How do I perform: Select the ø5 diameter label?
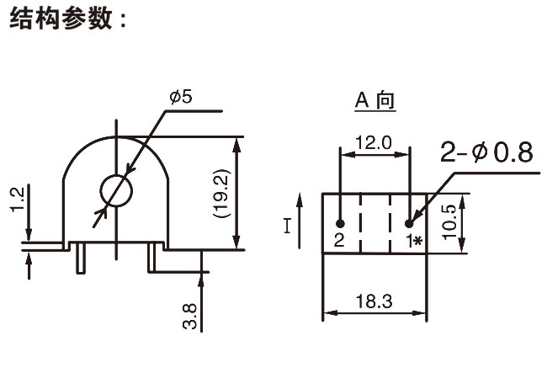[x=180, y=97]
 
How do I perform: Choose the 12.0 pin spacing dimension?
[x=374, y=142]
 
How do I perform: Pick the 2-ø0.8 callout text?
[x=486, y=152]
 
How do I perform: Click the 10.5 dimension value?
[x=449, y=221]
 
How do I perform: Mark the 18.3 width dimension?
[x=374, y=299]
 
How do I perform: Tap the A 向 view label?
[x=374, y=101]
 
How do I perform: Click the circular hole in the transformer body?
[x=116, y=192]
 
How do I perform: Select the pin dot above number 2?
[x=340, y=224]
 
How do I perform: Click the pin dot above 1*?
[x=409, y=224]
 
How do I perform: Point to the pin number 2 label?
[x=339, y=240]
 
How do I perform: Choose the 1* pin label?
[x=412, y=241]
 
